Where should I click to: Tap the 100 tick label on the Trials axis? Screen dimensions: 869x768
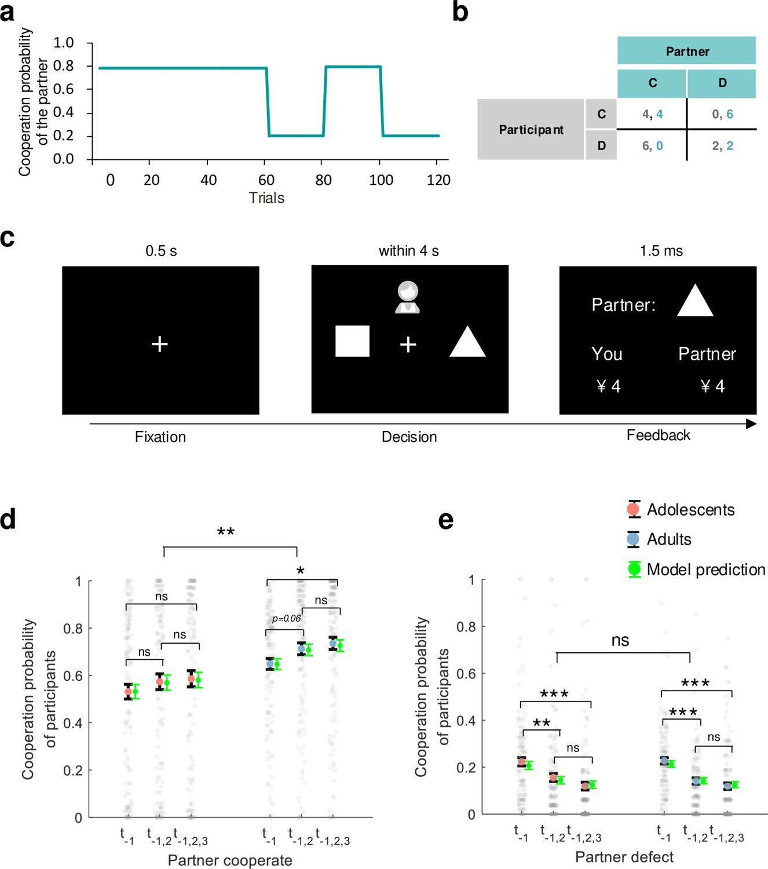pyautogui.click(x=381, y=180)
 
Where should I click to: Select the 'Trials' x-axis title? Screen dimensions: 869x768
pyautogui.click(x=266, y=198)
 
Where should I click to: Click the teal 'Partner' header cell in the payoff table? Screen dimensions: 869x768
pyautogui.click(x=686, y=51)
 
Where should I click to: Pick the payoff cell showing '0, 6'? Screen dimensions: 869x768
pyautogui.click(x=722, y=114)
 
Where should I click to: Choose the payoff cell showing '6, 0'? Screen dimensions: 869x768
pyautogui.click(x=652, y=145)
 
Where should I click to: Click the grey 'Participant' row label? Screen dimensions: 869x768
pyautogui.click(x=531, y=129)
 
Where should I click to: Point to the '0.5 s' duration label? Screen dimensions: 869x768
pyautogui.click(x=161, y=251)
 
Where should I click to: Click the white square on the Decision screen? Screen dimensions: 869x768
pyautogui.click(x=352, y=341)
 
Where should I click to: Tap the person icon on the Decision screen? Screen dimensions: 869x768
pyautogui.click(x=408, y=297)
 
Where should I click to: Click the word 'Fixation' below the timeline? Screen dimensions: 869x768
pyautogui.click(x=160, y=437)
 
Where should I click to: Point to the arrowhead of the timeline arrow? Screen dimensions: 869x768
pyautogui.click(x=751, y=424)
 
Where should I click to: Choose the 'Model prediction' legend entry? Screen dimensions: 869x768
pyautogui.click(x=705, y=569)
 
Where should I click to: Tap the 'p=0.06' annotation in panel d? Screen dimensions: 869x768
pyautogui.click(x=286, y=619)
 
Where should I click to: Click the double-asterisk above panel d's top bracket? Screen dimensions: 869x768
pyautogui.click(x=225, y=532)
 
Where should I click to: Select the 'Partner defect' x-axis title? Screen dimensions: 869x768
pyautogui.click(x=624, y=857)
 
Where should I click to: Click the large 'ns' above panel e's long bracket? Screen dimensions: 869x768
pyautogui.click(x=620, y=640)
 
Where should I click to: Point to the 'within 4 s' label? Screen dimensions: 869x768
pyautogui.click(x=408, y=251)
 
